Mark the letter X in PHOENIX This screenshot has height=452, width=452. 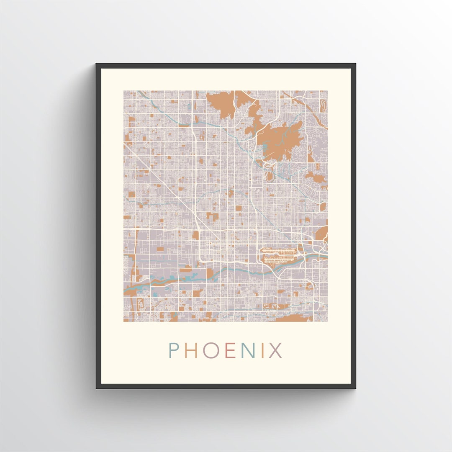(x=275, y=350)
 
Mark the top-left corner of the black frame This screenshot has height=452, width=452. (x=97, y=64)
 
